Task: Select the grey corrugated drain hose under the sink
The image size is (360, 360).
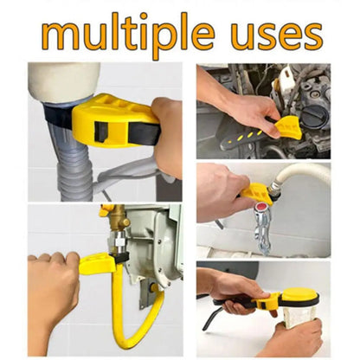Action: tap(74, 164)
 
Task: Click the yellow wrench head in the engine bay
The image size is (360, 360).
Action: tap(286, 126)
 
